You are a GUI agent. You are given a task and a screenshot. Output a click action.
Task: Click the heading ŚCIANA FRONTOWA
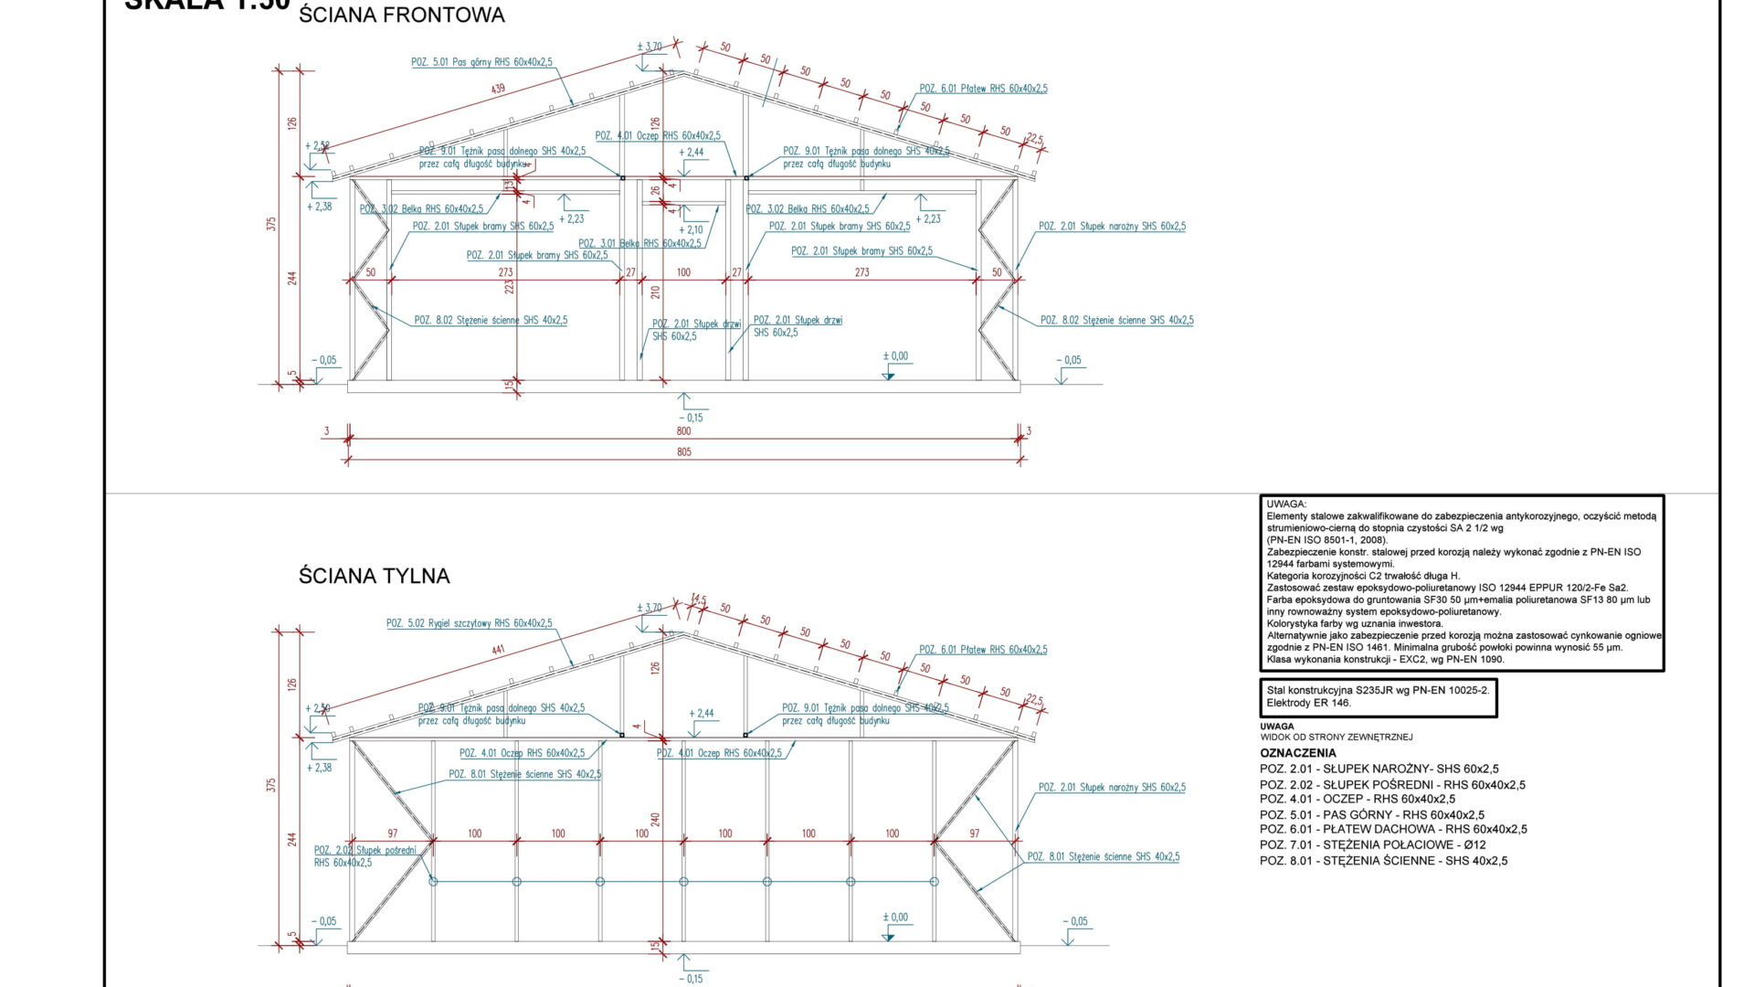click(401, 16)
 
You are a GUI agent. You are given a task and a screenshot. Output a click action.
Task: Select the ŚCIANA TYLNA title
click(374, 576)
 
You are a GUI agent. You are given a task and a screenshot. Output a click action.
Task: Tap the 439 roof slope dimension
click(498, 90)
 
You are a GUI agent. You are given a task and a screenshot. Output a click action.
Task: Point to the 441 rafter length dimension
click(498, 650)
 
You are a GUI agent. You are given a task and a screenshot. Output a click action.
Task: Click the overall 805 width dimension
click(684, 452)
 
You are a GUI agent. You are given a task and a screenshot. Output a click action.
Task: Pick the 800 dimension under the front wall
click(684, 431)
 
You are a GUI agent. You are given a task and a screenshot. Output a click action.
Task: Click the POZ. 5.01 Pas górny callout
click(481, 62)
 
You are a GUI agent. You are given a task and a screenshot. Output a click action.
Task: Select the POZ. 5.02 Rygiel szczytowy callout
click(469, 623)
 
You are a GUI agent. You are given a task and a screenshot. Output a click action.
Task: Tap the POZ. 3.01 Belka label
click(639, 244)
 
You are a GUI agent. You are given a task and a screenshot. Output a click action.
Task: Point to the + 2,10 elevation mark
click(691, 230)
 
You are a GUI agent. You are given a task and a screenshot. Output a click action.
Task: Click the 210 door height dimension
click(655, 292)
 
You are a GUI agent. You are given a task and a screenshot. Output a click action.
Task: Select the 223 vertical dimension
click(509, 285)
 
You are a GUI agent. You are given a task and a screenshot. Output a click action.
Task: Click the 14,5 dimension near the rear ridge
click(699, 600)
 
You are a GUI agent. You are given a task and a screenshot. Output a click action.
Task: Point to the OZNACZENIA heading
click(1297, 753)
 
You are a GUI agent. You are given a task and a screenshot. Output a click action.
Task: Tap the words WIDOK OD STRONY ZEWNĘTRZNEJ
click(1336, 737)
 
